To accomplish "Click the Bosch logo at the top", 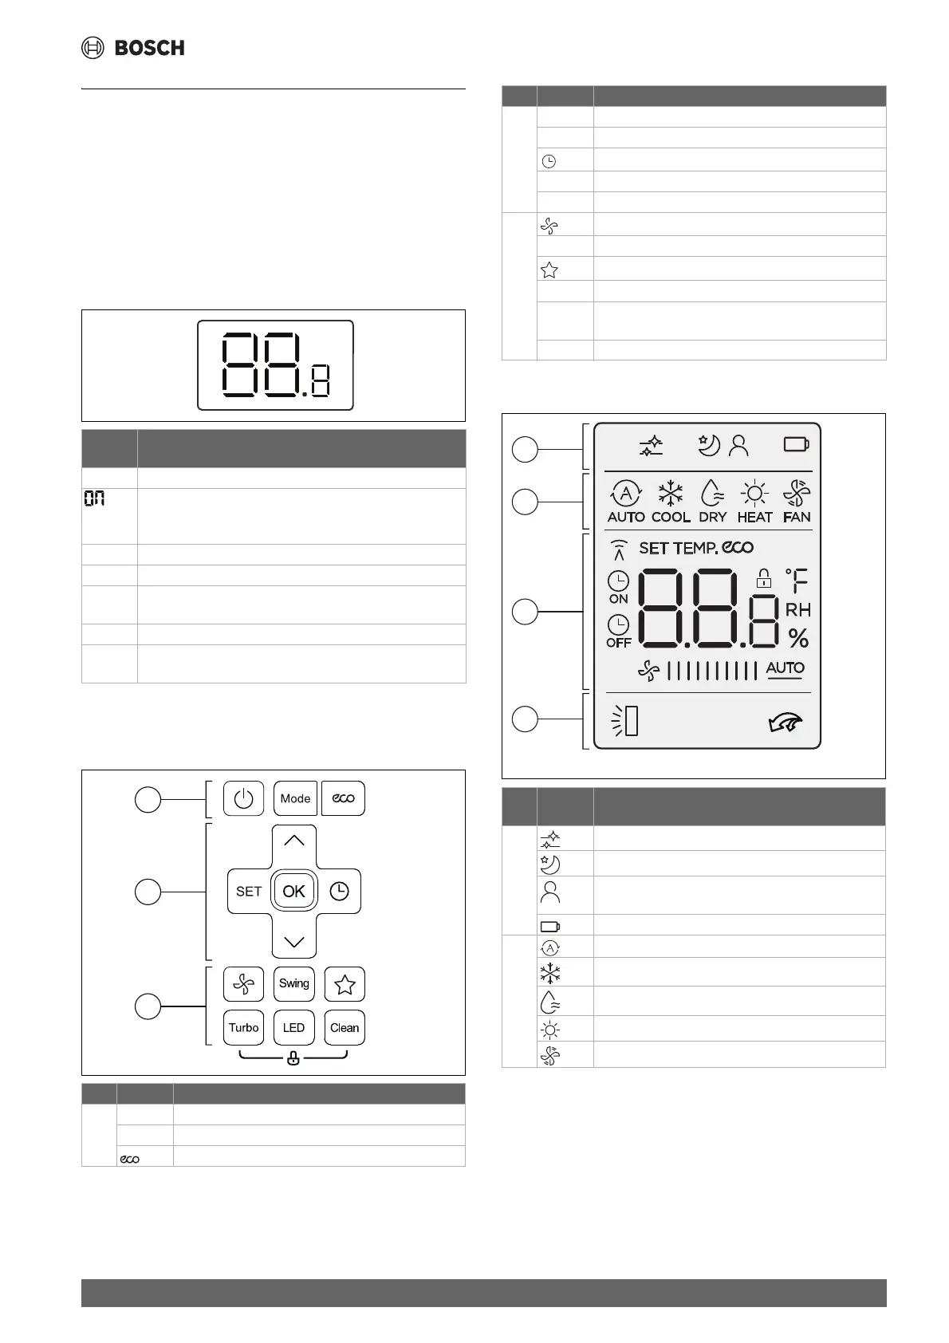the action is click(133, 48).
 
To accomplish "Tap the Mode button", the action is click(295, 798).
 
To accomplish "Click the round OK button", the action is click(294, 891).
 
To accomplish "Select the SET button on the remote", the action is click(249, 891).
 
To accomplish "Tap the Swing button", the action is click(294, 983).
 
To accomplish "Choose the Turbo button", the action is click(243, 1027).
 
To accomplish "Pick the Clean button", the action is click(345, 1027).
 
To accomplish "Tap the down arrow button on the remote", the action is click(294, 941).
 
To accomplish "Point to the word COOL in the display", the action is click(671, 517).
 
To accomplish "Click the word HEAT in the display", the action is click(754, 517).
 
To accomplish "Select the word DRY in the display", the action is click(712, 517).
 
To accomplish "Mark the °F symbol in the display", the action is click(797, 580).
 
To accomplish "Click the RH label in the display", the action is click(797, 610).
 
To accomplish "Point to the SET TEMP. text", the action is click(679, 548).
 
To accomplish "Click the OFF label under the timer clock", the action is click(619, 643).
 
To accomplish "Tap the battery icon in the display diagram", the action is click(796, 444).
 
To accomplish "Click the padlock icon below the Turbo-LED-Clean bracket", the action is click(293, 1059).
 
